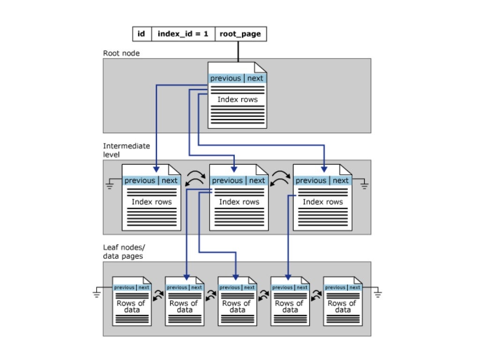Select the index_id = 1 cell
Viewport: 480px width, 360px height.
[183, 34]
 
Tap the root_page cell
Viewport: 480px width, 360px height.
[241, 34]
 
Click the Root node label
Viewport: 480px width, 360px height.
[121, 53]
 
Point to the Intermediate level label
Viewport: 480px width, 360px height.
[127, 150]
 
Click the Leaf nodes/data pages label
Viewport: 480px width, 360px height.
[123, 252]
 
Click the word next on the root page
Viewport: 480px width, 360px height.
[255, 78]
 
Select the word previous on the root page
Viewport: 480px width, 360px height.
[225, 78]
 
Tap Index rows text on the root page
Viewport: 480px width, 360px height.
[237, 99]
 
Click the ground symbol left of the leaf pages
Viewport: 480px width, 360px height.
[97, 294]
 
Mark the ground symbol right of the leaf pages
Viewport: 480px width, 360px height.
[377, 294]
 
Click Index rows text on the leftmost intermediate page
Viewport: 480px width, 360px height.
[151, 202]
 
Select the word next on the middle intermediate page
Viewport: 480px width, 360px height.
[257, 180]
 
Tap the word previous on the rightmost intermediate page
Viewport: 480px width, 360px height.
[311, 180]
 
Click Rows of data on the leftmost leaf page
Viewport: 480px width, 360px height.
[131, 307]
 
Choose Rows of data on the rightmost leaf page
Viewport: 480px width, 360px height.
[343, 307]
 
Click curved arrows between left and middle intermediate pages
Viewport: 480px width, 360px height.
[195, 179]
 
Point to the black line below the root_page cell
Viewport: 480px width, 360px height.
[238, 51]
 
